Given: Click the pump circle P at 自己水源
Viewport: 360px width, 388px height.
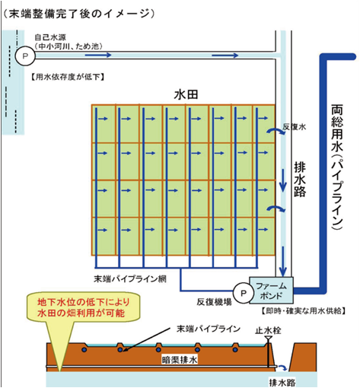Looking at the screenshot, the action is pos(25,56).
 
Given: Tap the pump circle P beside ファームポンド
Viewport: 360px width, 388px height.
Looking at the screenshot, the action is pos(244,294).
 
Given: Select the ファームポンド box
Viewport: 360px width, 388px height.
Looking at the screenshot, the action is pos(271,291).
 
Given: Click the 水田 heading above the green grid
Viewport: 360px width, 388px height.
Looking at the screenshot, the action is pos(186,94).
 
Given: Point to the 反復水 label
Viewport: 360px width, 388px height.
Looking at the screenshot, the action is pos(295,127).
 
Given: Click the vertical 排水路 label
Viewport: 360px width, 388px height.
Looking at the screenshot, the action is pos(300,180).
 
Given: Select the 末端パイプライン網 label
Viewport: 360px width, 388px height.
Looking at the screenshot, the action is pos(130,279).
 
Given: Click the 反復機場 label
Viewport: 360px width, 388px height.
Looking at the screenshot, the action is pos(214,302).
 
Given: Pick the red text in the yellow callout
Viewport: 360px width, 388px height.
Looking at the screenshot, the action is pos(84,307).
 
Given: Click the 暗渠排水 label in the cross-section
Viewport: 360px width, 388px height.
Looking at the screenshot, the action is pos(180,360).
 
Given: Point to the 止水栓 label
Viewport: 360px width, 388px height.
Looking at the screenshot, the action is pos(268,330).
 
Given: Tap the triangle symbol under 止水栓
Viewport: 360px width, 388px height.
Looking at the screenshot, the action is pos(268,339).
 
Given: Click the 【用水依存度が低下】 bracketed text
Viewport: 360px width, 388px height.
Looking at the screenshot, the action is pos(68,77).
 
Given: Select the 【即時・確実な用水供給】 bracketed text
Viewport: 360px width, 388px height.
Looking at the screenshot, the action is pos(304,310).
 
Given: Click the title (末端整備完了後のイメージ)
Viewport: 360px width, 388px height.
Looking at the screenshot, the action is pos(79,14).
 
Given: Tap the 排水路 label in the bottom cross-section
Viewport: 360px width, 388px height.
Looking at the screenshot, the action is pos(282,383).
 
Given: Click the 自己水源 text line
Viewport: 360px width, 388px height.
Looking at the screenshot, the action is pos(50,37).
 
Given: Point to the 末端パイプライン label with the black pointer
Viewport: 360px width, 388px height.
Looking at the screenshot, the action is pos(209,329).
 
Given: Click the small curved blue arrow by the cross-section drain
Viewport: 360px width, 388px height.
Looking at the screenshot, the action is pos(282,367).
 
